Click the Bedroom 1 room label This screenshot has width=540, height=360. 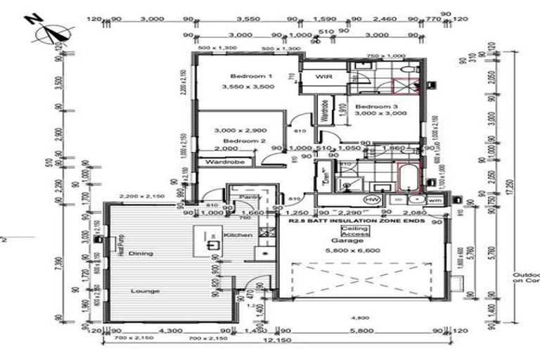pyautogui.click(x=250, y=76)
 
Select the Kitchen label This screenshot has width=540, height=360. pyautogui.click(x=233, y=235)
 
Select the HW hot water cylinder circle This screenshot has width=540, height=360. pyautogui.click(x=371, y=200)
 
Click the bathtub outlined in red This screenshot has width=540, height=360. pyautogui.click(x=408, y=178)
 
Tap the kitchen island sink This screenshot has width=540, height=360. pyautogui.click(x=212, y=245)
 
